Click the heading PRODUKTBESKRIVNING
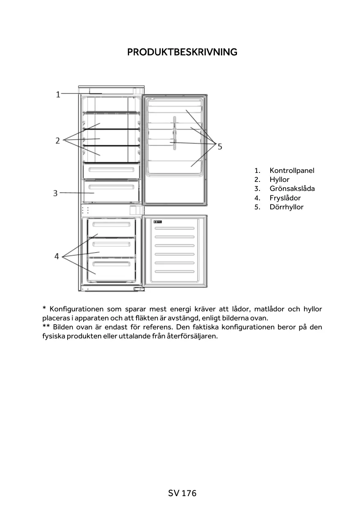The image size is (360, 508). (182, 52)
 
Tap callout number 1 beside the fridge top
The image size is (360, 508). (58, 95)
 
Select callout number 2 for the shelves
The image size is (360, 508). (58, 141)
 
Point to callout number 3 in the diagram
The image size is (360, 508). (55, 193)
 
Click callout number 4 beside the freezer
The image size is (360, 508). (57, 256)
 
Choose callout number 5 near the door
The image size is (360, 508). (220, 146)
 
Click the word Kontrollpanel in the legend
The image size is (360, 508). (292, 170)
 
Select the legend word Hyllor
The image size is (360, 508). (279, 179)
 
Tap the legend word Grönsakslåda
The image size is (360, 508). (292, 188)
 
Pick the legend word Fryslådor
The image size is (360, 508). (285, 198)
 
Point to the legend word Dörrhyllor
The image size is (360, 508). (286, 207)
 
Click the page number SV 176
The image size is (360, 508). (182, 493)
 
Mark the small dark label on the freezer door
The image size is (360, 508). (158, 222)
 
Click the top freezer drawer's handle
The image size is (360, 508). (111, 225)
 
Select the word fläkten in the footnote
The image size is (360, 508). (147, 318)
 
